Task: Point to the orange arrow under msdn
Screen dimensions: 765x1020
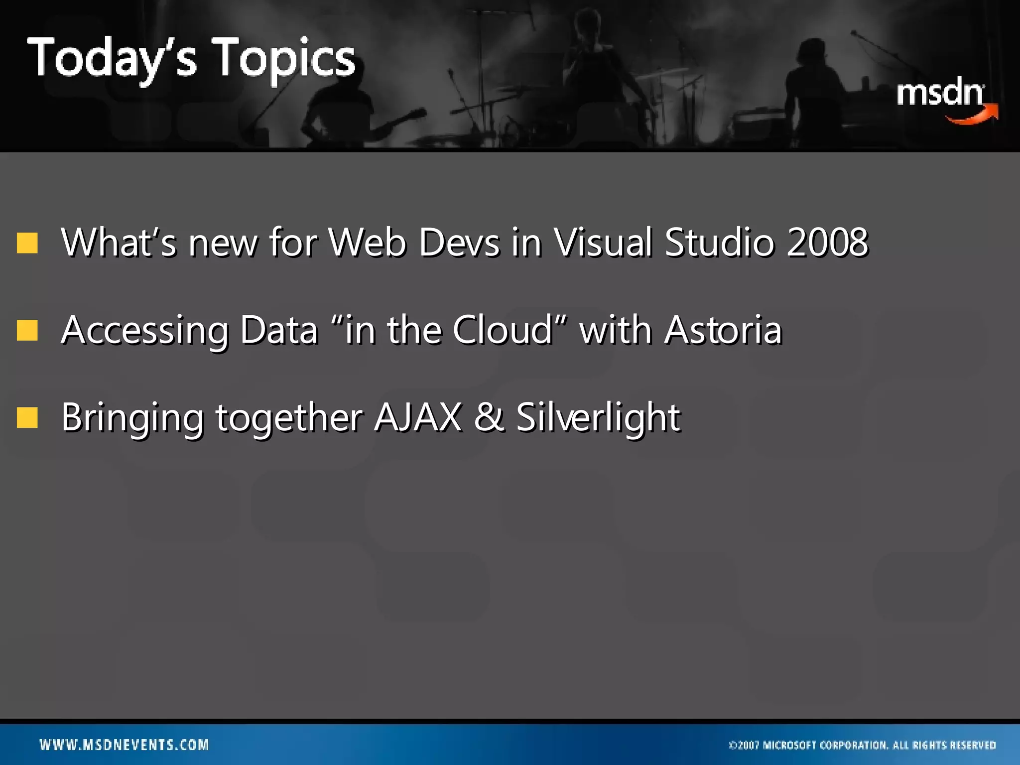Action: [x=974, y=115]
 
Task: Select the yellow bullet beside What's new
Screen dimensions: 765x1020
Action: [x=27, y=243]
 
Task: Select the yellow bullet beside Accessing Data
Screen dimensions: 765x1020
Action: [x=27, y=330]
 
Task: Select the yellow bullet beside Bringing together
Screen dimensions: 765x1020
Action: [x=27, y=417]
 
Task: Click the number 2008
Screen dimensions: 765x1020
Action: [x=827, y=242]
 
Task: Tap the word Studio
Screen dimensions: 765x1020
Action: [x=719, y=242]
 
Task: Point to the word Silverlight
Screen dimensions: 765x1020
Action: [x=598, y=417]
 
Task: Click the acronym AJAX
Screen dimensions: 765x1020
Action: [x=417, y=417]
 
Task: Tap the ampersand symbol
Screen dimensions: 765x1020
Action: [x=489, y=417]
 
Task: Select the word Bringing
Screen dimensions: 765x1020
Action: [x=132, y=417]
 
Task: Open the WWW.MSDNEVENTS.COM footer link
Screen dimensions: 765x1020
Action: [x=125, y=745]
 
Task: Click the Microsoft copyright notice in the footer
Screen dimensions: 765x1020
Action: [x=862, y=745]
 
